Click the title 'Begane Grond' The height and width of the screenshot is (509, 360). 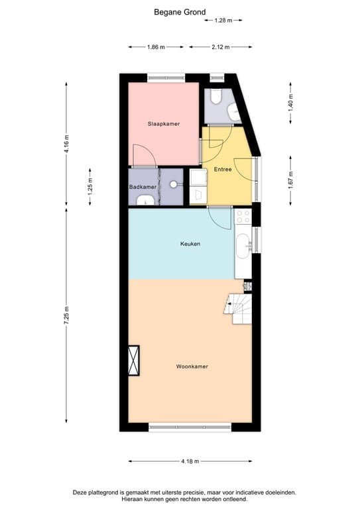[x=180, y=11]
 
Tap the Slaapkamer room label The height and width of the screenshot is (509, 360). [x=163, y=124]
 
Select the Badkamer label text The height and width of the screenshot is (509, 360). [x=143, y=187]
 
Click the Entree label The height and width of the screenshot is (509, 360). [x=223, y=170]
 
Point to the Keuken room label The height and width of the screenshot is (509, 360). [x=190, y=244]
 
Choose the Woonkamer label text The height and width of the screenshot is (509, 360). [x=190, y=366]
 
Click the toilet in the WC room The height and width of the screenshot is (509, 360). [x=215, y=97]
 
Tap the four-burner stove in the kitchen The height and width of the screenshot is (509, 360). [x=243, y=217]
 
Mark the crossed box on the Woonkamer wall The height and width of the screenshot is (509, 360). [x=135, y=361]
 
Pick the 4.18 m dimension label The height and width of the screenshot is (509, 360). [x=190, y=461]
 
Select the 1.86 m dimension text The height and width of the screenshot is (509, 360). [x=156, y=47]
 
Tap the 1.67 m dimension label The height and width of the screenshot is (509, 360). [x=291, y=180]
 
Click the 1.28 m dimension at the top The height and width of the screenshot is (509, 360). [x=223, y=21]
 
